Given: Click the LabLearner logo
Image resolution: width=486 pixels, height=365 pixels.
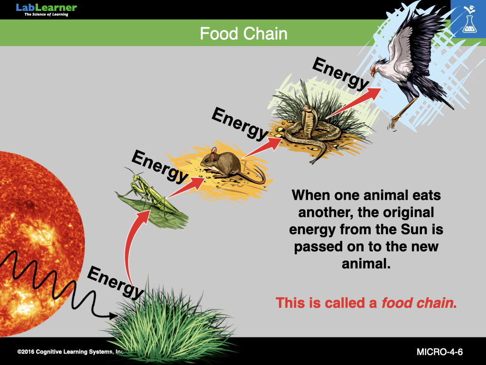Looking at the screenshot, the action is (46, 10).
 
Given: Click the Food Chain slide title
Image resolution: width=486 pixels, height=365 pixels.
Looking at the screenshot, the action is (243, 34).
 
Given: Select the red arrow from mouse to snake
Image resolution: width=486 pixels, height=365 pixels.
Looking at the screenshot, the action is (263, 148).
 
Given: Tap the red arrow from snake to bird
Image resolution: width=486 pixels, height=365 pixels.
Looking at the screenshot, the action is (353, 103).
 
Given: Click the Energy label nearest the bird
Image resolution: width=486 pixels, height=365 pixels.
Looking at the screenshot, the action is (341, 74).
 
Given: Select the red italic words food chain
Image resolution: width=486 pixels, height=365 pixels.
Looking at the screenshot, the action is (417, 303).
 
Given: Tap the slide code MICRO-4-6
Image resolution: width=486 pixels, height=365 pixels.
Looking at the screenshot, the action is (439, 352).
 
